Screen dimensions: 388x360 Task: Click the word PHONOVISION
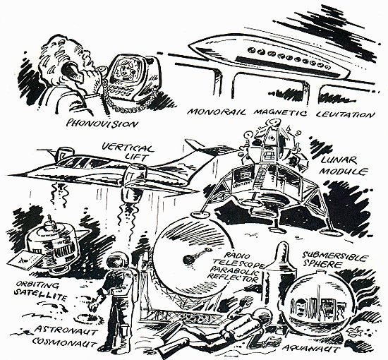[x=102, y=124]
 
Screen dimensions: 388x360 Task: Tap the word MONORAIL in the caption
[x=217, y=112]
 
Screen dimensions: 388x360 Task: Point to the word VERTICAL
[x=128, y=148]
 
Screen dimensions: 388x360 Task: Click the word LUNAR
[x=339, y=161]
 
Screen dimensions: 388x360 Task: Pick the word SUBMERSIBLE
[x=334, y=257]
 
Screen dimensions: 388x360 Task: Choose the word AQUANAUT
[x=311, y=349]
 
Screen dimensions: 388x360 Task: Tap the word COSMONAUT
[x=63, y=342]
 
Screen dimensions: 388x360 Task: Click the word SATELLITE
[x=40, y=295]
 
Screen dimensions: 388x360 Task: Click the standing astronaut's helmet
[x=118, y=262]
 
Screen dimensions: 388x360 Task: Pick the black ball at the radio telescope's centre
[x=188, y=260]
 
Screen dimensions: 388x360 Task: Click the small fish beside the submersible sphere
[x=354, y=331]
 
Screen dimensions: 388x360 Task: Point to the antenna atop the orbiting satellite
[x=51, y=220]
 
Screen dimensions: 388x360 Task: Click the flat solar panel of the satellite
[x=24, y=260]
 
